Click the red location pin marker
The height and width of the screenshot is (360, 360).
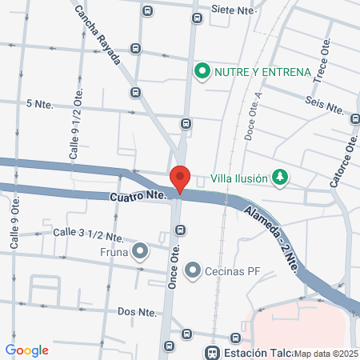179,178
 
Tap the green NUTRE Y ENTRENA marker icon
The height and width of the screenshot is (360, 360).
201,72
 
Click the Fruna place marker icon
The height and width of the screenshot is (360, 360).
141,252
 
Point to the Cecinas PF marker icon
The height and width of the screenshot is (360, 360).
192,271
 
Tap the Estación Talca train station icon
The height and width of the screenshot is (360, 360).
212,352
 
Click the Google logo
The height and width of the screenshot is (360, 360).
26,350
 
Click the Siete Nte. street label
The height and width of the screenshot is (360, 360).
233,10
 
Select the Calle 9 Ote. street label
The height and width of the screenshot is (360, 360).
14,235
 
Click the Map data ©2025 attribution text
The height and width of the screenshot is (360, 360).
326,353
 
